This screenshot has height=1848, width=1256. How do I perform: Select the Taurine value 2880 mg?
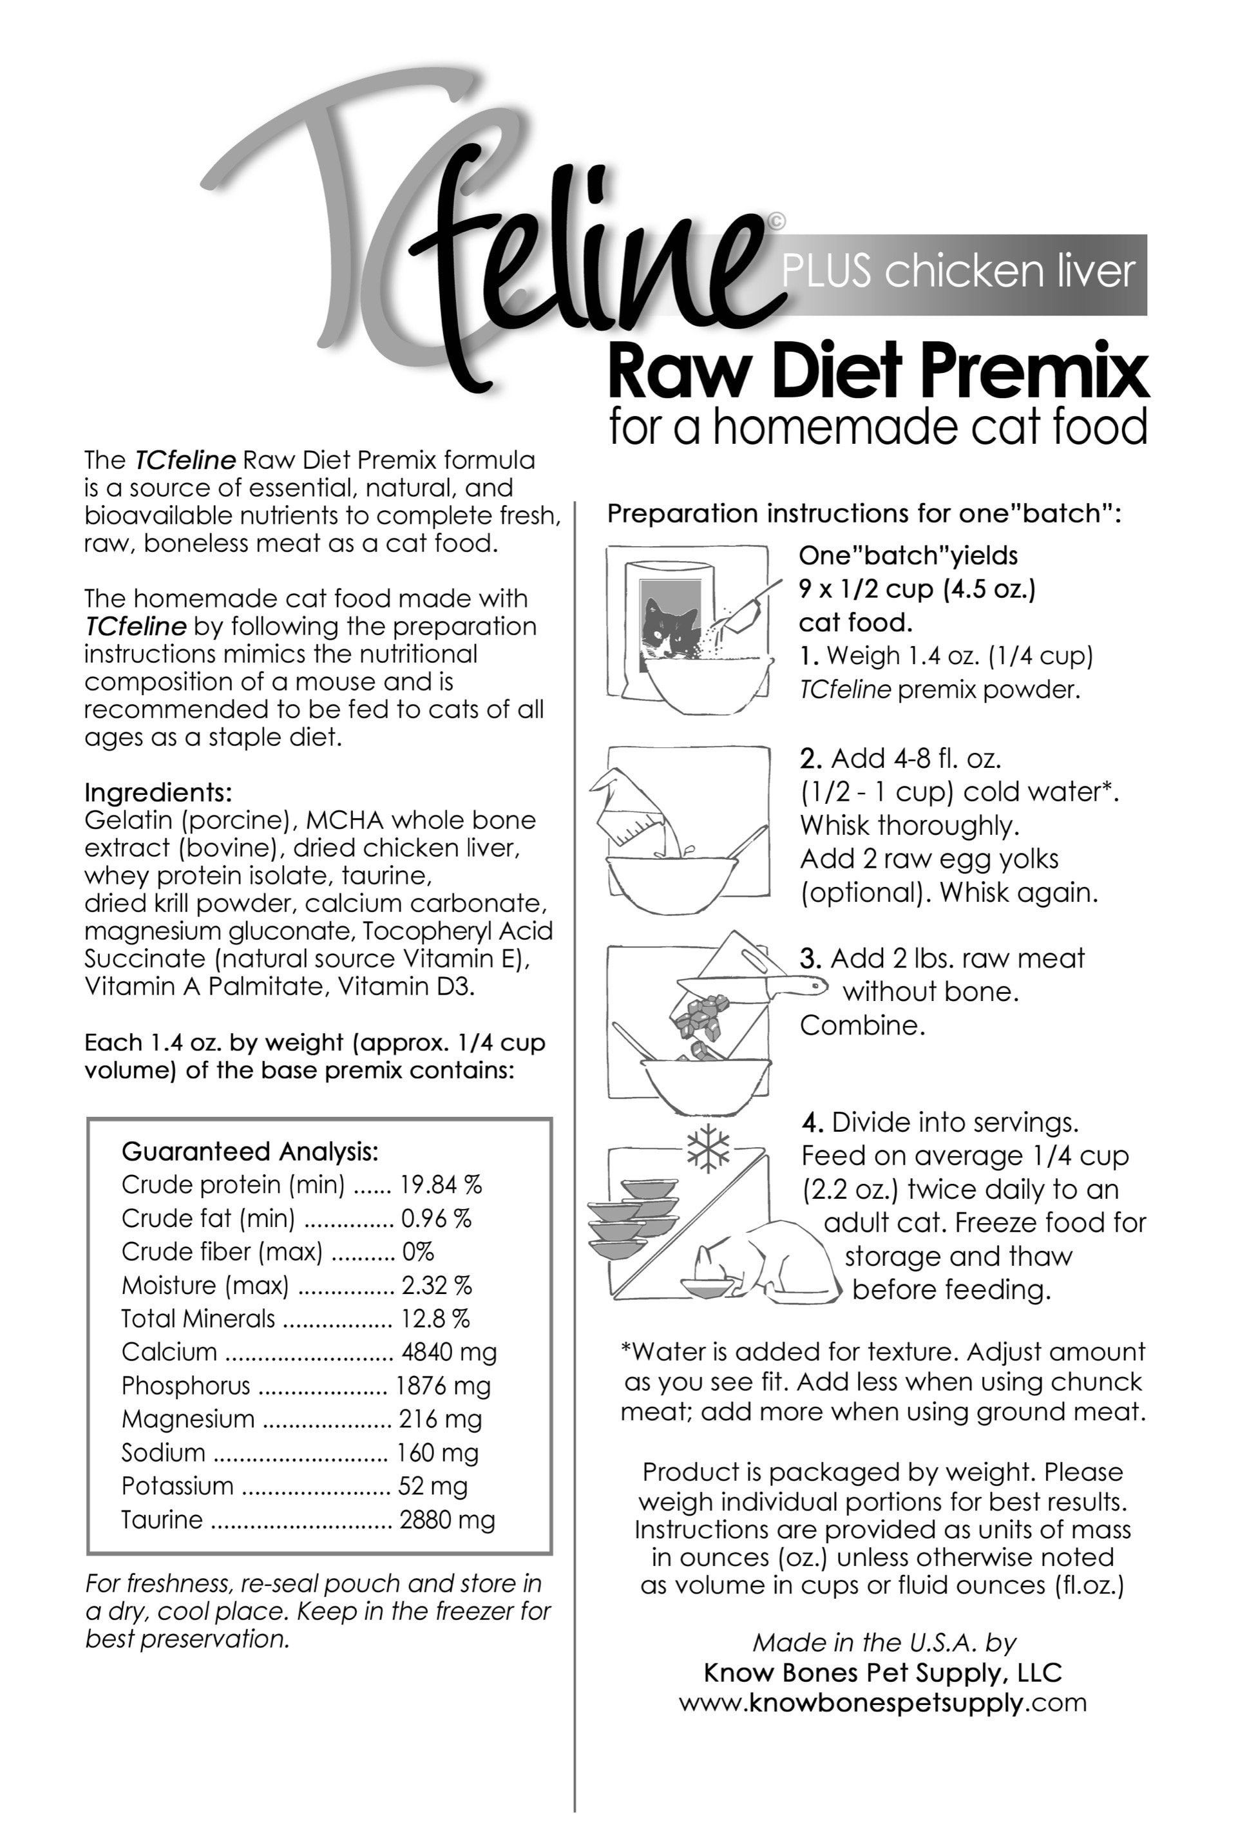[x=447, y=1519]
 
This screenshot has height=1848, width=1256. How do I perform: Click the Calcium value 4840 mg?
[x=448, y=1352]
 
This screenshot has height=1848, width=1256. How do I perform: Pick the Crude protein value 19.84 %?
[x=441, y=1185]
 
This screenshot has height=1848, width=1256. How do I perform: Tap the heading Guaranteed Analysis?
[x=250, y=1152]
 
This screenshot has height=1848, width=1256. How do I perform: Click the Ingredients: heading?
[x=157, y=792]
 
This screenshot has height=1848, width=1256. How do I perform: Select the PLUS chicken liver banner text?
[x=957, y=272]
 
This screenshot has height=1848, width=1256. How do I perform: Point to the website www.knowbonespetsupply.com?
[x=882, y=1702]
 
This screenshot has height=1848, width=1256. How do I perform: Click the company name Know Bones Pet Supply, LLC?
[x=882, y=1672]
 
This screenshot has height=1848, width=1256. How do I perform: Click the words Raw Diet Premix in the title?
[x=878, y=372]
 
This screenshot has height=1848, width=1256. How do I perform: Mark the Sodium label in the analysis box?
[x=163, y=1453]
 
